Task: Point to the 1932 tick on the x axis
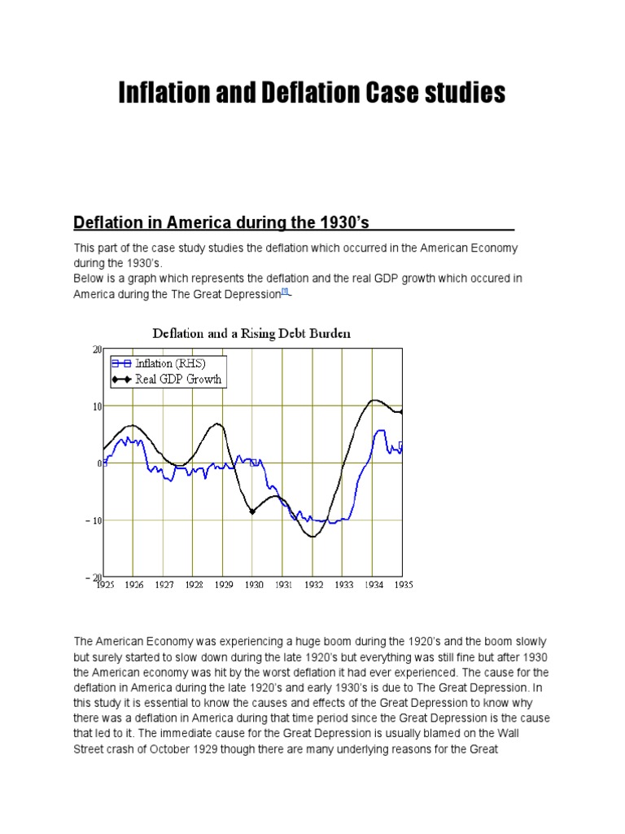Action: coord(313,584)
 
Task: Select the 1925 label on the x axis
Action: coord(105,584)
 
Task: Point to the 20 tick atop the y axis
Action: coord(97,349)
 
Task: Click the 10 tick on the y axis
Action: coord(97,406)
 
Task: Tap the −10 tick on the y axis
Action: coord(94,520)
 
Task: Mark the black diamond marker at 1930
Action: coord(252,511)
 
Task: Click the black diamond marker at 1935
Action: coord(402,412)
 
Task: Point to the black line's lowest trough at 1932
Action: coord(312,537)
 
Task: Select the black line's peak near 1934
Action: coord(374,400)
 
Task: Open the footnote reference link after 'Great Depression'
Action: coord(284,292)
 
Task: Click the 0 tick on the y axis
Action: coord(99,463)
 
